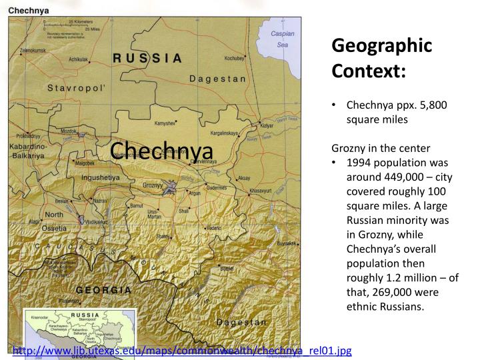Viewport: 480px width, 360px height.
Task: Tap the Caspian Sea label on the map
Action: (x=283, y=39)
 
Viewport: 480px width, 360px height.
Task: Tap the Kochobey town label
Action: (x=235, y=58)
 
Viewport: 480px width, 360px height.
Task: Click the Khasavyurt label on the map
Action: (x=261, y=191)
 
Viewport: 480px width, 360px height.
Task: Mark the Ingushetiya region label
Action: (x=100, y=178)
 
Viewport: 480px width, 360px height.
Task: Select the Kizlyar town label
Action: (x=267, y=125)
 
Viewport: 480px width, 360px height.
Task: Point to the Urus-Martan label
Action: (x=154, y=214)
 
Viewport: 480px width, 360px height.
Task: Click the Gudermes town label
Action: (x=217, y=188)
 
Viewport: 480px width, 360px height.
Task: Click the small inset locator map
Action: (x=79, y=331)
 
